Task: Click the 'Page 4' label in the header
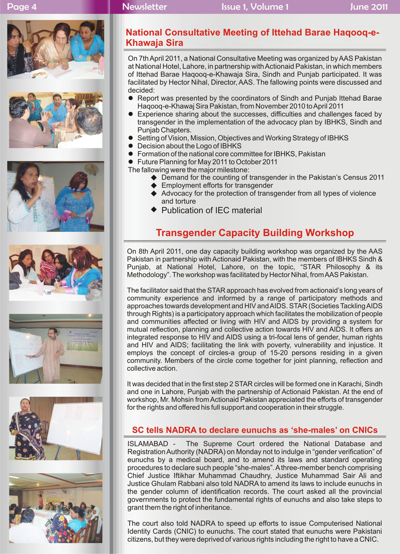[x=22, y=7]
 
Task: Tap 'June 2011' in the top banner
[x=368, y=7]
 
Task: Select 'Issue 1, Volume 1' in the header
[x=255, y=7]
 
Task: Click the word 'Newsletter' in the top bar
[x=144, y=7]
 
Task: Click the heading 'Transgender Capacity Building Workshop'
[x=255, y=233]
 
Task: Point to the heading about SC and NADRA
[x=255, y=430]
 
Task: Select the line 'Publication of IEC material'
[x=211, y=210]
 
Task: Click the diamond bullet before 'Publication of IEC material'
[x=154, y=209]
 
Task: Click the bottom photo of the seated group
[x=56, y=508]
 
